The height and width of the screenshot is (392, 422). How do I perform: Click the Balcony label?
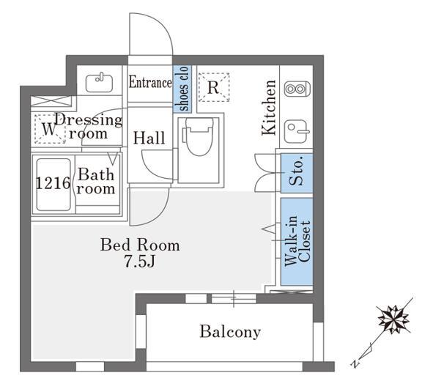point(230,332)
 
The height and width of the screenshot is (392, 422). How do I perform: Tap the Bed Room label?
point(140,245)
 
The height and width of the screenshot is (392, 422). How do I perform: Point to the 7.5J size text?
point(139,261)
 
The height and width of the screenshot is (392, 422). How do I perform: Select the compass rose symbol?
point(393,320)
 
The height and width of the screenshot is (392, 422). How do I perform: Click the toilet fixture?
point(199,137)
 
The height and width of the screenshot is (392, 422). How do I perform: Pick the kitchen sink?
point(296,131)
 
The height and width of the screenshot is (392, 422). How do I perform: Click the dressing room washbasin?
point(100,83)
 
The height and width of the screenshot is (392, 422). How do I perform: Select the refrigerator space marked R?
point(214,87)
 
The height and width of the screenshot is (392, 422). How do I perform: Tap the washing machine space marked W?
point(50,129)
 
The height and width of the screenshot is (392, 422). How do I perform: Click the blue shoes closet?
point(182,89)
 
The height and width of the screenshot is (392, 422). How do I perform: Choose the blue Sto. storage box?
point(297,173)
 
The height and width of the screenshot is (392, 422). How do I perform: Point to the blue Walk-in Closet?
point(297,242)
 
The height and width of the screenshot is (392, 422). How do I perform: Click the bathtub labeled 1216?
point(53,185)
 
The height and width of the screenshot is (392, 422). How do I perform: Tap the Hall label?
point(149,138)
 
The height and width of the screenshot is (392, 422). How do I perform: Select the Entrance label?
point(150,82)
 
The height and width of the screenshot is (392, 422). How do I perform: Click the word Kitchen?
point(269,108)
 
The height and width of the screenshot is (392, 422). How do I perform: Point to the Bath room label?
point(96,181)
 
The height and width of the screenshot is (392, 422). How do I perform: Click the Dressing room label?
point(89,127)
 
